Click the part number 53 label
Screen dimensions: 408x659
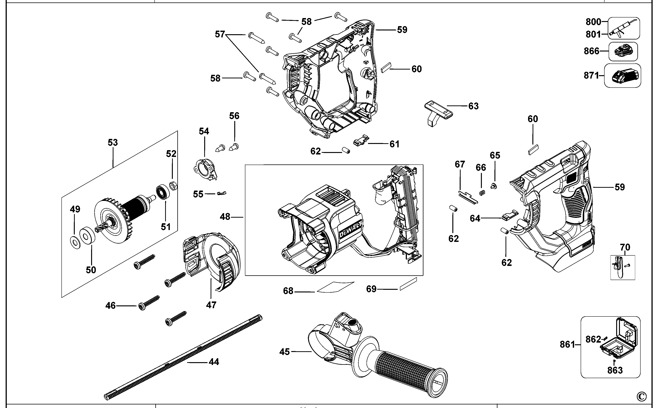[x=113, y=142]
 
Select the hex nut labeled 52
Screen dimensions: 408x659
[x=173, y=186]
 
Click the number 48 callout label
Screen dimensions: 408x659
[x=225, y=217]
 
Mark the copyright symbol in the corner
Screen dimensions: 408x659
[x=642, y=397]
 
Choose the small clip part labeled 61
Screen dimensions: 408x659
[x=361, y=141]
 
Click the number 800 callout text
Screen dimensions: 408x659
[x=593, y=22]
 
